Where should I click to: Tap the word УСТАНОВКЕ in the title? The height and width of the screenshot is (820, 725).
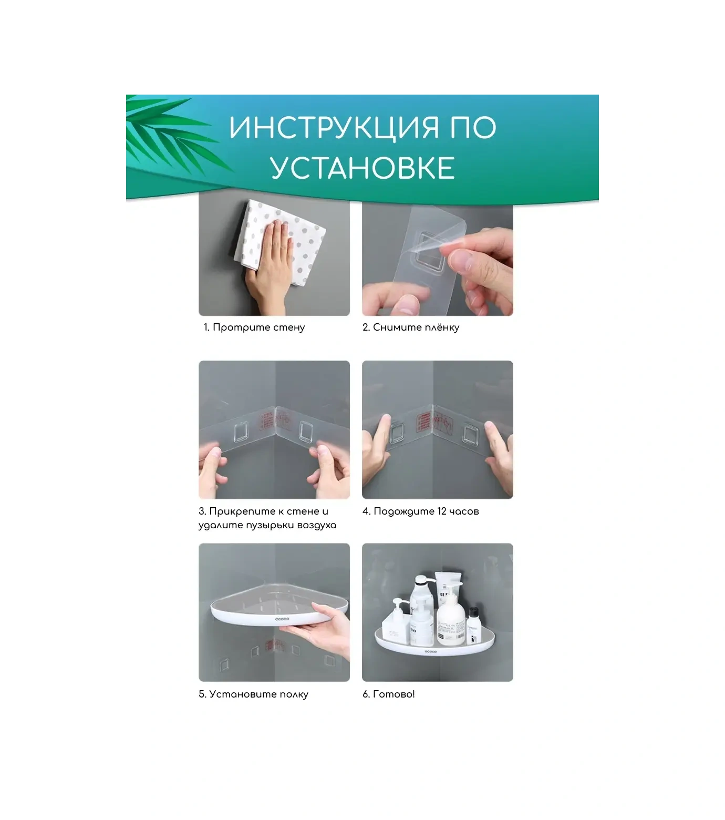point(362,168)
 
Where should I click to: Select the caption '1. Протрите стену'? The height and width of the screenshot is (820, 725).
point(254,327)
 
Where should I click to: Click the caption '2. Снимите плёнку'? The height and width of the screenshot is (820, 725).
point(411,327)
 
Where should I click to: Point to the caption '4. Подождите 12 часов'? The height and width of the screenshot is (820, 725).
point(420,511)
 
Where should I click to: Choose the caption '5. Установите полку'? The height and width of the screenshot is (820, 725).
point(254,694)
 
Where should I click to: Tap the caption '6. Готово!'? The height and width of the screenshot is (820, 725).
point(389,694)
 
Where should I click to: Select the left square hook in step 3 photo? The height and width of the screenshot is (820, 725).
point(242,433)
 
